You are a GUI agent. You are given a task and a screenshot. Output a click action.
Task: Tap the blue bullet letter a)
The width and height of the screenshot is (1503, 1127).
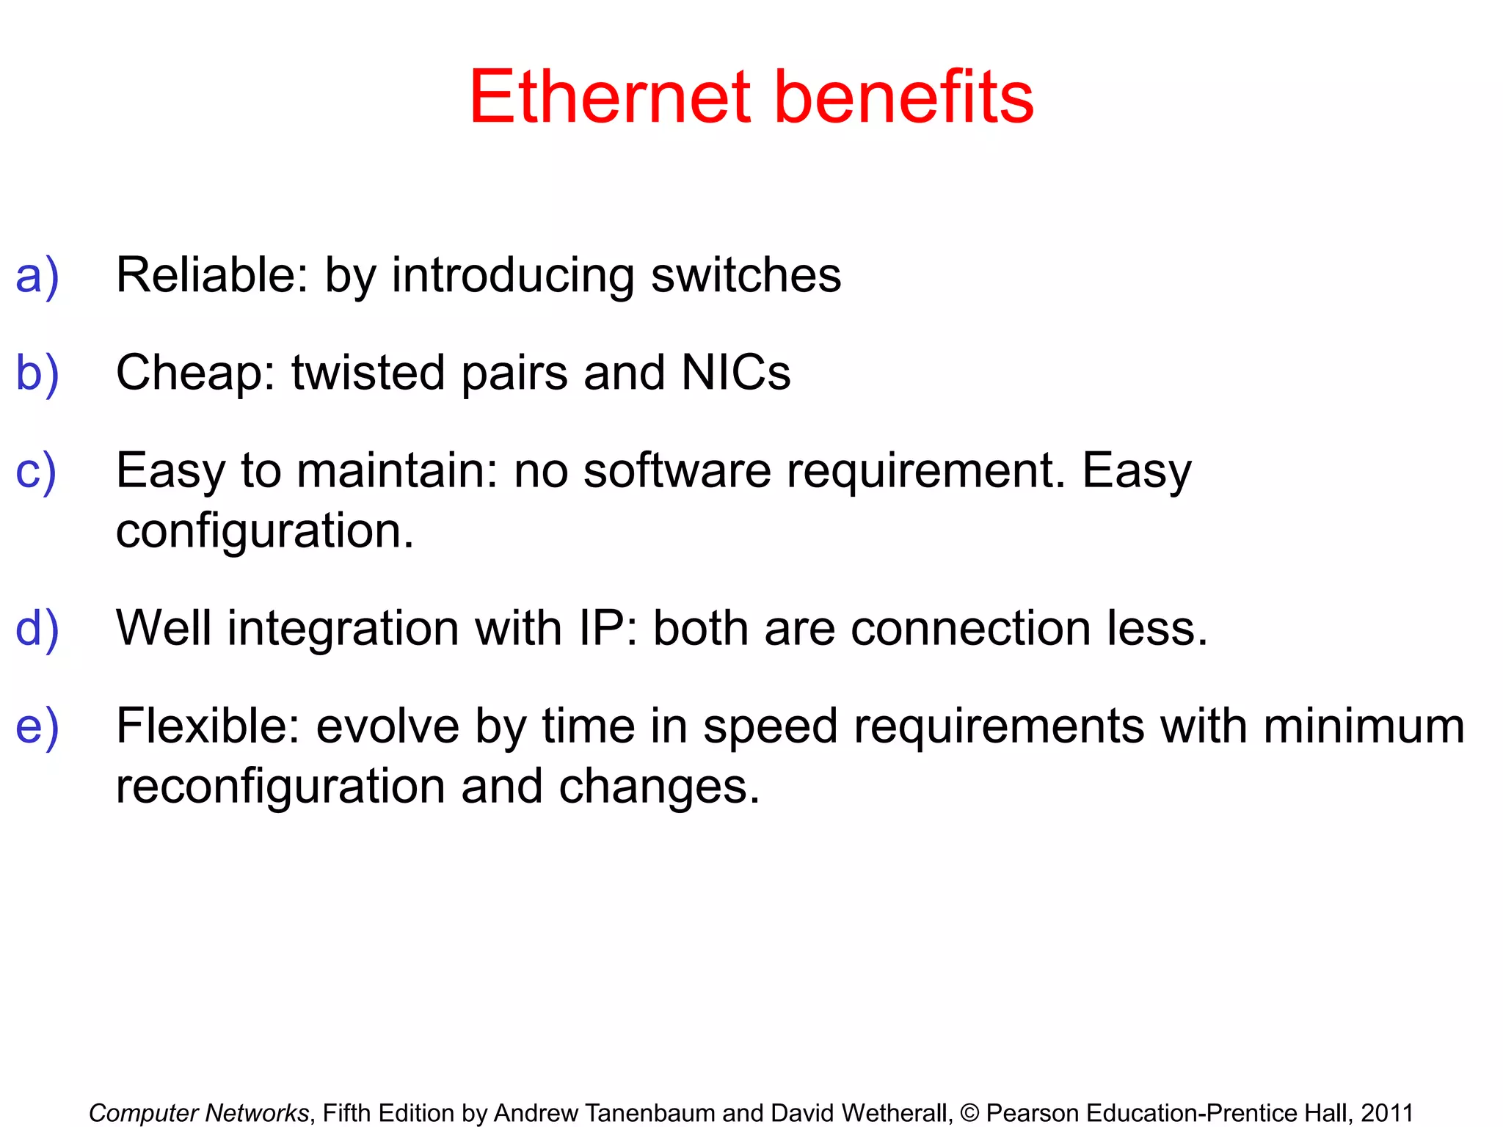coord(37,276)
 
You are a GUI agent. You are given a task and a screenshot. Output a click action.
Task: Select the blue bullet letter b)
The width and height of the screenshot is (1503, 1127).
coord(37,373)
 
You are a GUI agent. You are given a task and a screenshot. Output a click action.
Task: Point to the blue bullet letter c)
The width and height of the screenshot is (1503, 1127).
coord(36,470)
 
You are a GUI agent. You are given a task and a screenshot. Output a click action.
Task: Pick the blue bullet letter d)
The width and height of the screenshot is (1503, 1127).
coord(37,628)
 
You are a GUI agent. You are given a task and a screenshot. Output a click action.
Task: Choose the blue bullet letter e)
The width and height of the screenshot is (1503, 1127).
coord(37,726)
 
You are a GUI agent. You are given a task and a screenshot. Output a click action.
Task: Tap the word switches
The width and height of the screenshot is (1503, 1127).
coord(746,275)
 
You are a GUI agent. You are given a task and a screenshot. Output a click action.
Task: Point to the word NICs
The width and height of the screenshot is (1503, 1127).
coord(735,373)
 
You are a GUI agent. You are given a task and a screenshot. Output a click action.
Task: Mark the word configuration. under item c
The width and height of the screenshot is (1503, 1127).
coord(265,531)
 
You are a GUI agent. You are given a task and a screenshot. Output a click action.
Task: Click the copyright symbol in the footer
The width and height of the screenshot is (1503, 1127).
coord(969,1113)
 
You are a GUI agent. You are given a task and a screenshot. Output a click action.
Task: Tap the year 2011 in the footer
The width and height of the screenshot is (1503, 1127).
coord(1387,1113)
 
